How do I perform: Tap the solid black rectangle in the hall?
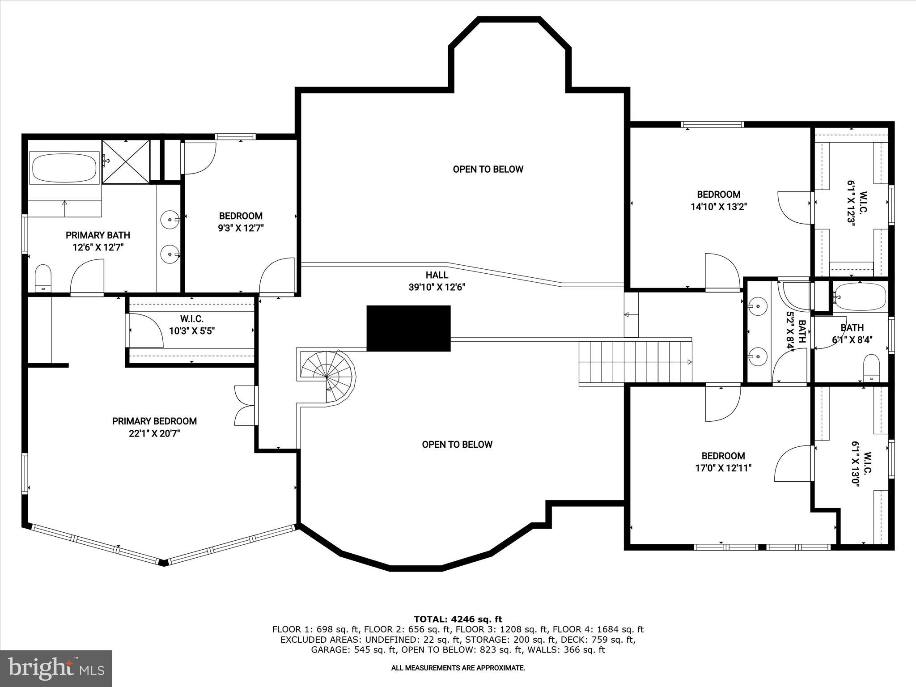tap(408, 328)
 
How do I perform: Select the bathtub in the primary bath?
tap(64, 168)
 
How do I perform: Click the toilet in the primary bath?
tap(43, 277)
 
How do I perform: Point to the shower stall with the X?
tap(126, 161)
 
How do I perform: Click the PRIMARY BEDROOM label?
tap(154, 421)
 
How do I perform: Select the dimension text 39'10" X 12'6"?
tap(437, 287)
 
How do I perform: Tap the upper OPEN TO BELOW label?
tap(488, 169)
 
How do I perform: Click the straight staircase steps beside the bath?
tap(635, 362)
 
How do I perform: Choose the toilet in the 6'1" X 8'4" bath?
tap(871, 367)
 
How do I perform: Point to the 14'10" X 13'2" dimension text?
tap(719, 207)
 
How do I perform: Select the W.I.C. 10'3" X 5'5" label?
tap(192, 325)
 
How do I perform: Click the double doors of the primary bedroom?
tap(245, 405)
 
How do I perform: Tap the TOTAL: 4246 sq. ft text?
tap(458, 619)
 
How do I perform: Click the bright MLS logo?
tap(56, 668)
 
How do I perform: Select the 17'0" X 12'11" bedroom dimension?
tap(723, 468)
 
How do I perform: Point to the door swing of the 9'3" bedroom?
tap(277, 276)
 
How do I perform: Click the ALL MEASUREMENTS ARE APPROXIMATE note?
tap(458, 668)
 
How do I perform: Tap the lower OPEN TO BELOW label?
tap(457, 444)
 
